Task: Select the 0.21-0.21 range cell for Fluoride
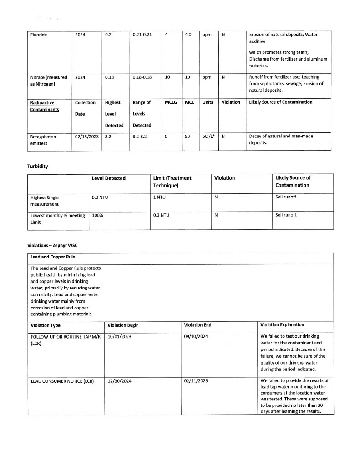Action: click(x=142, y=34)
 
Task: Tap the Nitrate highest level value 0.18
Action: click(x=109, y=77)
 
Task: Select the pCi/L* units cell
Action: click(x=208, y=136)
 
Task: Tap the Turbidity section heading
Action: click(x=38, y=166)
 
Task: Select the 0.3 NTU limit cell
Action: click(x=161, y=215)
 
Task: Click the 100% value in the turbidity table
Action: click(x=97, y=215)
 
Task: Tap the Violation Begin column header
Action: click(x=123, y=325)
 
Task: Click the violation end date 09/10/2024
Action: click(x=196, y=337)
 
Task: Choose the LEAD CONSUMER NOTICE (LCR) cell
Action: click(x=62, y=381)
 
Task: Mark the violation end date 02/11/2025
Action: click(x=196, y=381)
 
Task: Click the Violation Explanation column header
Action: click(x=282, y=325)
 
